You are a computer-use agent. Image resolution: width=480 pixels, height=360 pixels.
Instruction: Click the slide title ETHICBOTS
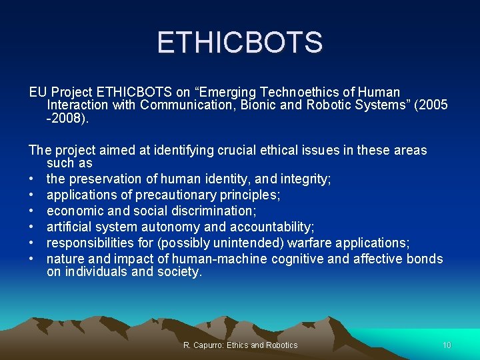[240, 43]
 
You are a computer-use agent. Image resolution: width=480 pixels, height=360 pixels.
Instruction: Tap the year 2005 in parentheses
[433, 105]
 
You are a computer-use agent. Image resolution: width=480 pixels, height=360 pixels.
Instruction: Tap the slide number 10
[447, 345]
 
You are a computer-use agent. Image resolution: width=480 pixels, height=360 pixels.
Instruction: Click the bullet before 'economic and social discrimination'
[32, 211]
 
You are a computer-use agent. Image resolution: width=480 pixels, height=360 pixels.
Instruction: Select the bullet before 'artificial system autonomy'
[32, 227]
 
